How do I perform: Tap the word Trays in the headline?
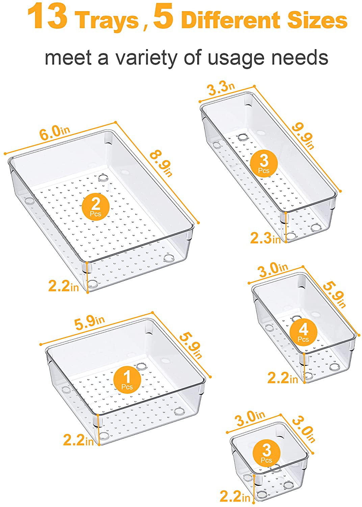(107, 20)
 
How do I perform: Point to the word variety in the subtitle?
(146, 58)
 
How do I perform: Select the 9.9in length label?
(303, 137)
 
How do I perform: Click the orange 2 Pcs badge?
(96, 207)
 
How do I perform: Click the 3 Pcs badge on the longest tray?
(264, 164)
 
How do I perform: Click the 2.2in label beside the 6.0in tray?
(63, 286)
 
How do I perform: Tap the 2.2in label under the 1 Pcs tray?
(78, 439)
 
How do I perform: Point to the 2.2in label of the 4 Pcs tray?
(283, 378)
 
